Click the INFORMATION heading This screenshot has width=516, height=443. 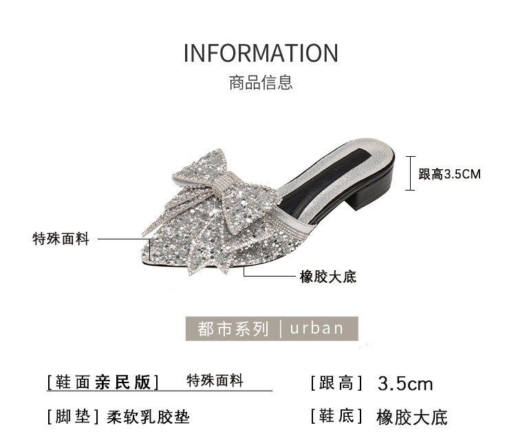point(261,53)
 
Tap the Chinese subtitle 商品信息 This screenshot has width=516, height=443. point(261,83)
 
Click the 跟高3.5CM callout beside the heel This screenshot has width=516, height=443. point(449,175)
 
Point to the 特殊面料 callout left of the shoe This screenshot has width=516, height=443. point(61,239)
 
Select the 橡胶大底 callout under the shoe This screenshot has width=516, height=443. point(328,277)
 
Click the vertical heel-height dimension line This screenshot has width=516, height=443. point(411,174)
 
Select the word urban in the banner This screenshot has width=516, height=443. point(316,328)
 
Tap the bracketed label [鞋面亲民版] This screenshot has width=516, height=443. point(103,382)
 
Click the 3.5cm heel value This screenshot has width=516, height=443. point(405,383)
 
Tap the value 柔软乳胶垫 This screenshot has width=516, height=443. point(148,417)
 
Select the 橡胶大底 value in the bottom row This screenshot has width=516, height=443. point(412,417)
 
